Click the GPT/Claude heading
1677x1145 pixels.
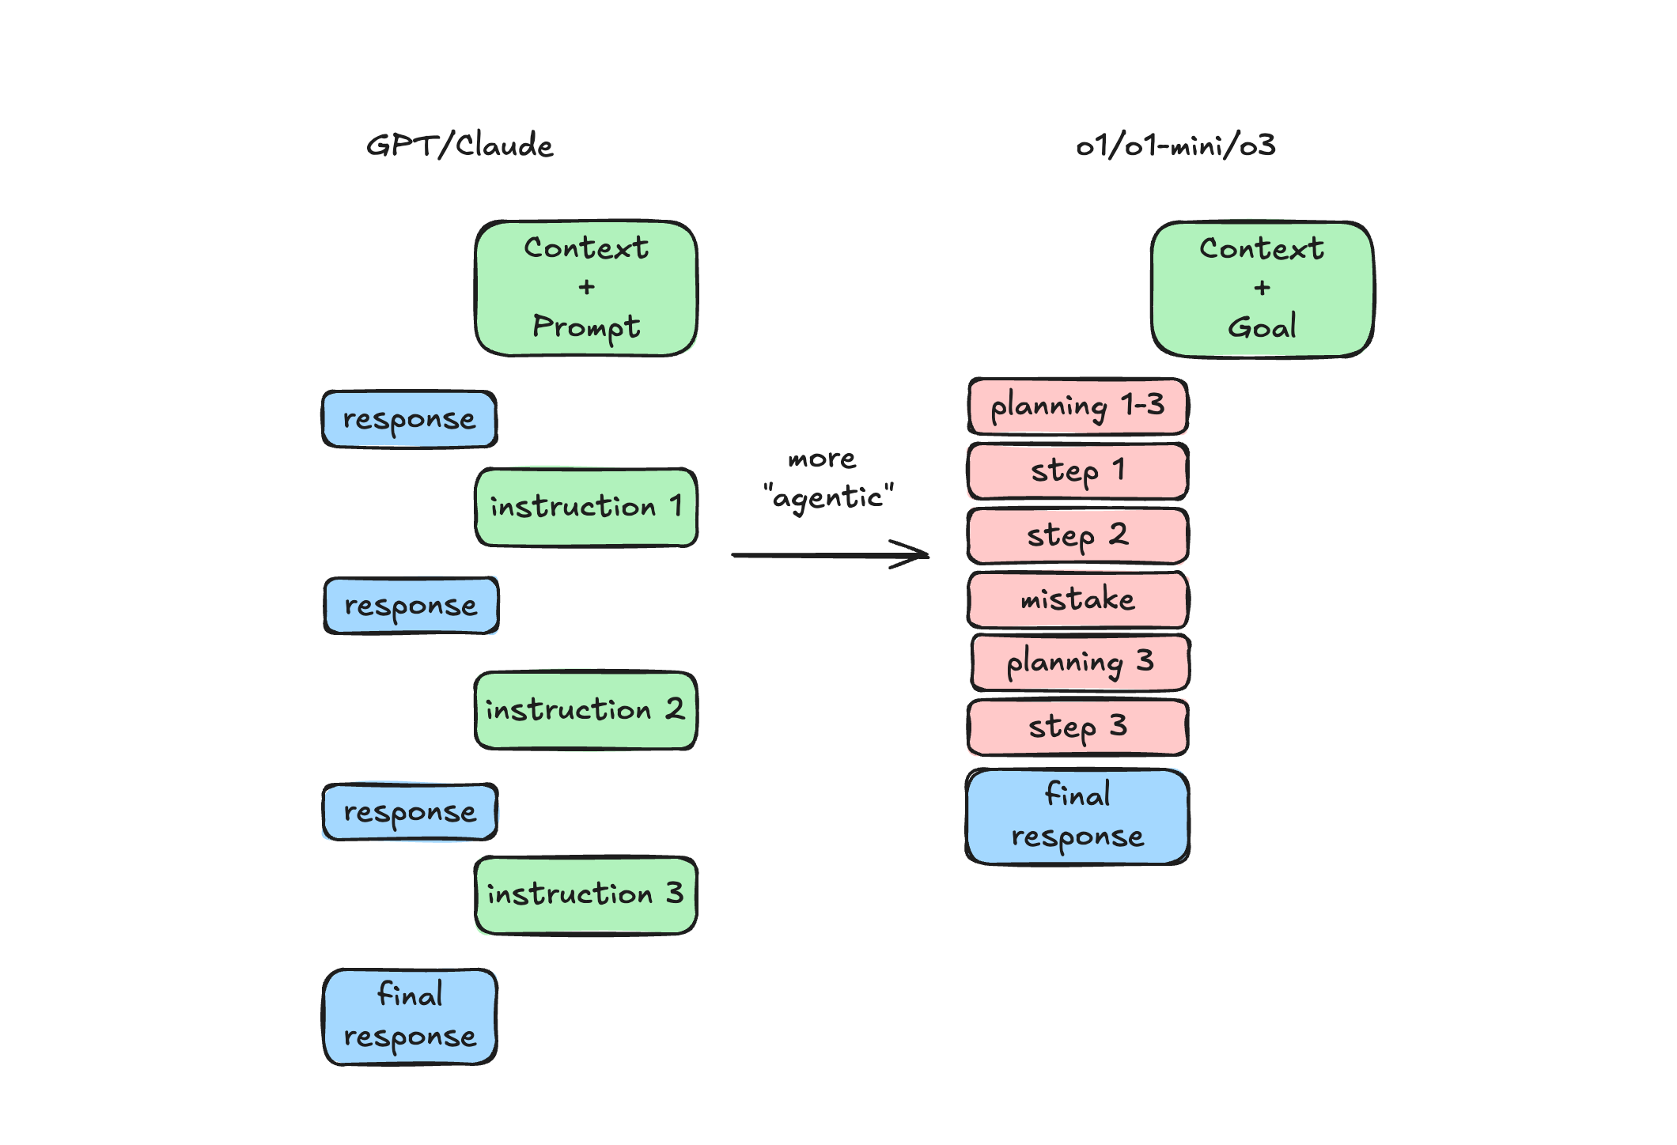[x=460, y=145]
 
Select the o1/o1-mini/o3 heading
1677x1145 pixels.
[x=1175, y=145]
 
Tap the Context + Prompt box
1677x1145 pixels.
[x=586, y=288]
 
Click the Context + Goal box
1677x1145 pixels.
[x=1262, y=289]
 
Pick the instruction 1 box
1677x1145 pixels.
[x=586, y=507]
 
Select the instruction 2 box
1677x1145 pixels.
[x=586, y=710]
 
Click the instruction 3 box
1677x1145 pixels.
[x=586, y=894]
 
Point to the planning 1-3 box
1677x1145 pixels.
[x=1077, y=406]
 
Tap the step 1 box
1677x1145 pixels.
[x=1077, y=471]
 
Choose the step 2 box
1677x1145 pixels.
[x=1077, y=535]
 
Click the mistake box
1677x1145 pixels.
[x=1077, y=599]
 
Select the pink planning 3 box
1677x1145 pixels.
[x=1080, y=663]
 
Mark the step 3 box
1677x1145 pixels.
[x=1077, y=727]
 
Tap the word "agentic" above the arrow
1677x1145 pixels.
[x=828, y=497]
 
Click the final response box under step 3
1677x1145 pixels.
[x=1077, y=816]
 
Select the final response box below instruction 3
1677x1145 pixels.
[x=410, y=1016]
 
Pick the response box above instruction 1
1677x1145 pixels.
[x=409, y=419]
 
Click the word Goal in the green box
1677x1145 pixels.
[x=1262, y=327]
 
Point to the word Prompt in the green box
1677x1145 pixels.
[x=586, y=327]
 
